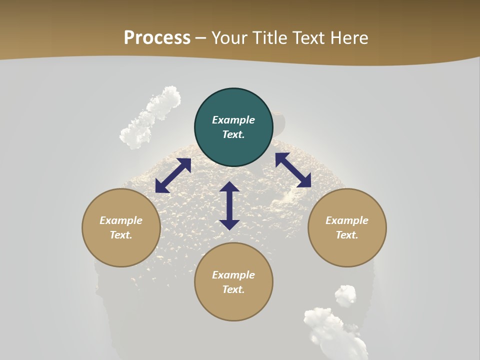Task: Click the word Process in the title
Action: pyautogui.click(x=157, y=38)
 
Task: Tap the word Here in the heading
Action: pyautogui.click(x=348, y=38)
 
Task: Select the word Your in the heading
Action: pyautogui.click(x=229, y=38)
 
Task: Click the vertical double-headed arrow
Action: pyautogui.click(x=229, y=205)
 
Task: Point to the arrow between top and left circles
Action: pyautogui.click(x=173, y=175)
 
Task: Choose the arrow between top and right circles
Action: pyautogui.click(x=293, y=170)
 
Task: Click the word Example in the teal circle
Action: pyautogui.click(x=233, y=120)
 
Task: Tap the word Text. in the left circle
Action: pyautogui.click(x=121, y=235)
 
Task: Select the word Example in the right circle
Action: pyautogui.click(x=347, y=220)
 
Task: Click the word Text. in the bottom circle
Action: pyautogui.click(x=233, y=289)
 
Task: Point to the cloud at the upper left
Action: pyautogui.click(x=150, y=117)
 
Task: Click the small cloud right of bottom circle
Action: pyautogui.click(x=345, y=295)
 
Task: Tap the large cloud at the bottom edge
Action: pyautogui.click(x=332, y=332)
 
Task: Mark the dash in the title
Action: pyautogui.click(x=201, y=38)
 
